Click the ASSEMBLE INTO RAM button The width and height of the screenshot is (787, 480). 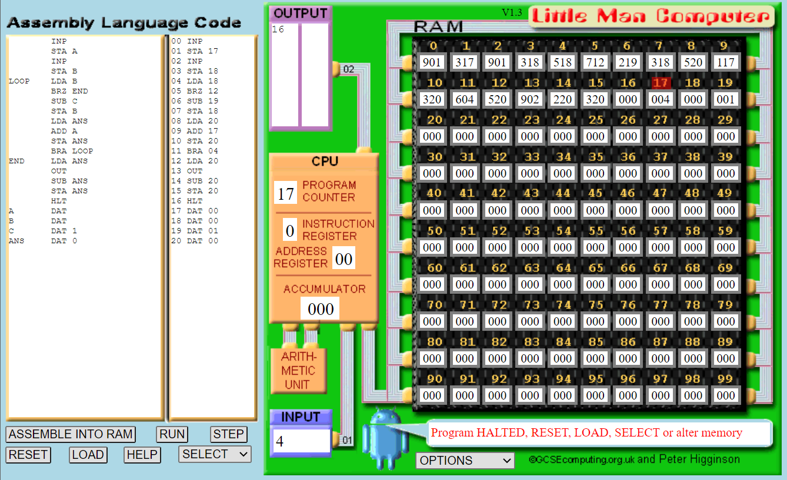click(x=71, y=434)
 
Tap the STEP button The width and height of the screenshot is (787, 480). click(x=228, y=434)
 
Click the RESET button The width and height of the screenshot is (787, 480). click(x=28, y=455)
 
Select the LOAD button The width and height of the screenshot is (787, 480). click(x=88, y=455)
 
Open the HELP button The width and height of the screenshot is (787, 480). click(x=142, y=455)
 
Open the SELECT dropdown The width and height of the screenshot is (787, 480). click(x=215, y=454)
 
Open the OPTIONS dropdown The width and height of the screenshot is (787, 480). click(x=465, y=461)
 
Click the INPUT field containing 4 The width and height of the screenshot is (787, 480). click(x=301, y=441)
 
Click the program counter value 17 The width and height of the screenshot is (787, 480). click(x=286, y=193)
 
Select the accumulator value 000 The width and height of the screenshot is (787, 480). click(x=321, y=309)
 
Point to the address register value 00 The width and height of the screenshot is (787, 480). click(x=344, y=259)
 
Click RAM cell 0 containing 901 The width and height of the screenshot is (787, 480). click(x=432, y=62)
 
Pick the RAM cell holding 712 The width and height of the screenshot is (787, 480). click(x=595, y=62)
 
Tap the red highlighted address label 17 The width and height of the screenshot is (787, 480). click(x=660, y=83)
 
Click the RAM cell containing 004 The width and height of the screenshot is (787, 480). click(x=660, y=99)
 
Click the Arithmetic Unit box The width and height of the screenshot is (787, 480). click(x=298, y=370)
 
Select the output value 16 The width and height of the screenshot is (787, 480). click(x=278, y=29)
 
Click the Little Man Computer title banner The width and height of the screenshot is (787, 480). click(x=652, y=16)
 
